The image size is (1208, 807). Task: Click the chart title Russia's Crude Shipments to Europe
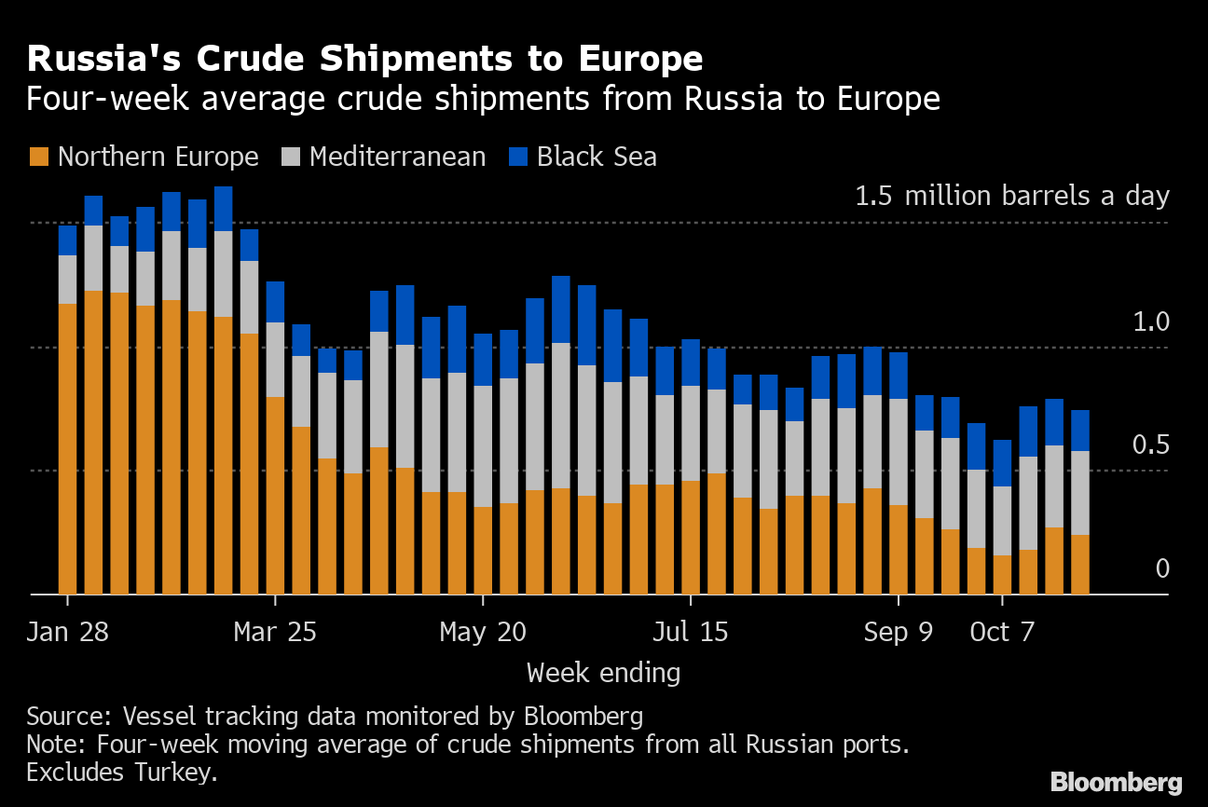(x=365, y=58)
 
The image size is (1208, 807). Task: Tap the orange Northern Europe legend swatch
(x=39, y=157)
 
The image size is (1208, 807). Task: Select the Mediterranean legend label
(x=397, y=157)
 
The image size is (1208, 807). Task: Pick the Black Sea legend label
(x=597, y=157)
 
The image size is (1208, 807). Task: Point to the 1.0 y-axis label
(x=1151, y=321)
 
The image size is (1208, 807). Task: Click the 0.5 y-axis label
(x=1151, y=445)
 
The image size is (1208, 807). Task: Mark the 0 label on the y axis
(x=1162, y=568)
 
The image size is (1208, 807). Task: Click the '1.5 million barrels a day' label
(x=1012, y=196)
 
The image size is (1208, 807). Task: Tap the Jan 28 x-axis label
(x=67, y=632)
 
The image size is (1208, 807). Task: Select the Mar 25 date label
(x=275, y=632)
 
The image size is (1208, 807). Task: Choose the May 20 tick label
(x=483, y=632)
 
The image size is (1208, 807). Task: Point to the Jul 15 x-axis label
(x=691, y=632)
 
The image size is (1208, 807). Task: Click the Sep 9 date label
(x=898, y=632)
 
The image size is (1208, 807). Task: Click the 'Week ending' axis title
(x=603, y=674)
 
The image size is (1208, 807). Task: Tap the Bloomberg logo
(x=1117, y=783)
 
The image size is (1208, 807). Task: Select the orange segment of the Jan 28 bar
(x=67, y=449)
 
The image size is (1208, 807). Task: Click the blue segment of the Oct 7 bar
(x=1002, y=463)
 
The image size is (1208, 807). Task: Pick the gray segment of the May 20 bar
(x=483, y=446)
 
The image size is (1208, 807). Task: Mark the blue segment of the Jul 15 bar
(x=691, y=362)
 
